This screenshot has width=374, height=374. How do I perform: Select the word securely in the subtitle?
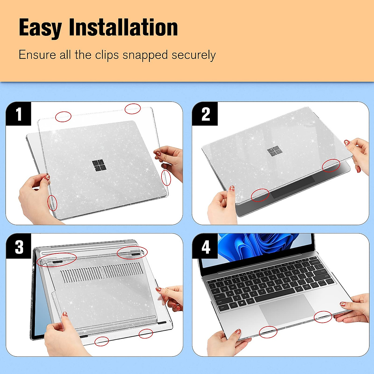193,55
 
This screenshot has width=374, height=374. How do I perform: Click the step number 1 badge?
19,114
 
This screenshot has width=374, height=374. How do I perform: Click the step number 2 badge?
205,114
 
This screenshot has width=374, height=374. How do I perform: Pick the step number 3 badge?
19,247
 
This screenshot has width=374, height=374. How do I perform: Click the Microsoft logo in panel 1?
99,165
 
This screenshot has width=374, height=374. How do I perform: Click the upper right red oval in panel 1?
133,108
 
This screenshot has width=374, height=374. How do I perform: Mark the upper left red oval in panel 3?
56,259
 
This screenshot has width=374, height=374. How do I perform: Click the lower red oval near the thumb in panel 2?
260,195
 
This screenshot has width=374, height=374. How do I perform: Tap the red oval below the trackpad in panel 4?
268,332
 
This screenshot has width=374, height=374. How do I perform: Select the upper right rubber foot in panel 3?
135,255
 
